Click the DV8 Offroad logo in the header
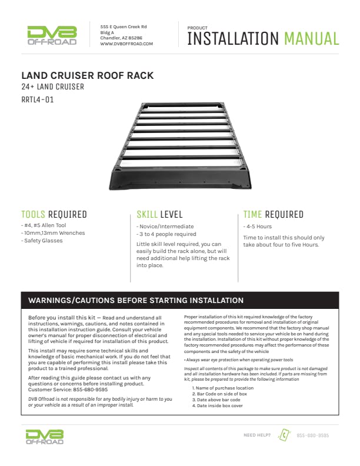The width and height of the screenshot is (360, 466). pyautogui.click(x=52, y=35)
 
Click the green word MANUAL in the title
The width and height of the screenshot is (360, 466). pyautogui.click(x=311, y=39)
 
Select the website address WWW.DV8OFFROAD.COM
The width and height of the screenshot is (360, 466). pyautogui.click(x=126, y=44)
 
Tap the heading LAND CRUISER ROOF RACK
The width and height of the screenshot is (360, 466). pyautogui.click(x=88, y=75)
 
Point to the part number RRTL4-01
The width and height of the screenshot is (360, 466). pyautogui.click(x=37, y=99)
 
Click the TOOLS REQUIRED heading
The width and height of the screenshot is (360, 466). pyautogui.click(x=54, y=215)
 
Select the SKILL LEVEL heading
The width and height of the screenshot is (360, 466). pyautogui.click(x=159, y=215)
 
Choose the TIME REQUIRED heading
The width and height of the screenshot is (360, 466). pyautogui.click(x=273, y=215)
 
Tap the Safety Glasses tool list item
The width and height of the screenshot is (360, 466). pyautogui.click(x=42, y=240)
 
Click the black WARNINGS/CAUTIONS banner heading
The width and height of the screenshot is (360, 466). pyautogui.click(x=136, y=300)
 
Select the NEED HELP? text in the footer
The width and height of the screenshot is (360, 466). pyautogui.click(x=257, y=435)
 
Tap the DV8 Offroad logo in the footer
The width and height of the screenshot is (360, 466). pyautogui.click(x=44, y=436)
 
